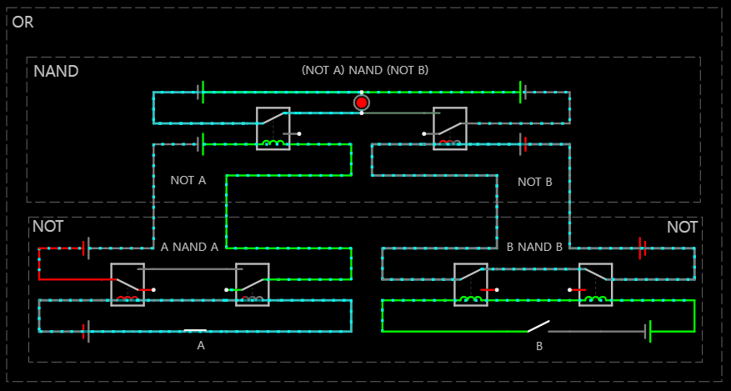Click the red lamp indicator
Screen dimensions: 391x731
tap(361, 103)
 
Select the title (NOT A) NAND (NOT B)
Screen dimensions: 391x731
tap(365, 70)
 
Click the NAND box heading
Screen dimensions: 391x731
tap(56, 72)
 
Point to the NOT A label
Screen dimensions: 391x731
tap(188, 180)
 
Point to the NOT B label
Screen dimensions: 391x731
tap(535, 182)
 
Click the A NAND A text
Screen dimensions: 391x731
tap(189, 247)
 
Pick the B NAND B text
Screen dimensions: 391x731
tap(534, 247)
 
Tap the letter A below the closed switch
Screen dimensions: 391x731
tap(200, 344)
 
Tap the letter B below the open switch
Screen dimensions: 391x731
tap(539, 345)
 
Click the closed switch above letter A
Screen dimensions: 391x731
tap(195, 331)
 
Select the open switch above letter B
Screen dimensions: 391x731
tap(538, 326)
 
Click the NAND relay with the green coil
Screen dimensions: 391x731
tap(273, 128)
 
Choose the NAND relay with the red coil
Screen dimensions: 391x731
tap(450, 128)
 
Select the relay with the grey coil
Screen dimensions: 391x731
tap(252, 284)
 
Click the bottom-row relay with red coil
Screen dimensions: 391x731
tap(128, 284)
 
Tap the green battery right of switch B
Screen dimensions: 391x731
tap(648, 331)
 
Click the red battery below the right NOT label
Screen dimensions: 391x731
tap(642, 248)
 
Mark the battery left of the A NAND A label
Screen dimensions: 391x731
tap(85, 248)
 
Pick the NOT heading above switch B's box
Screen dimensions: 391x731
tap(682, 228)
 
